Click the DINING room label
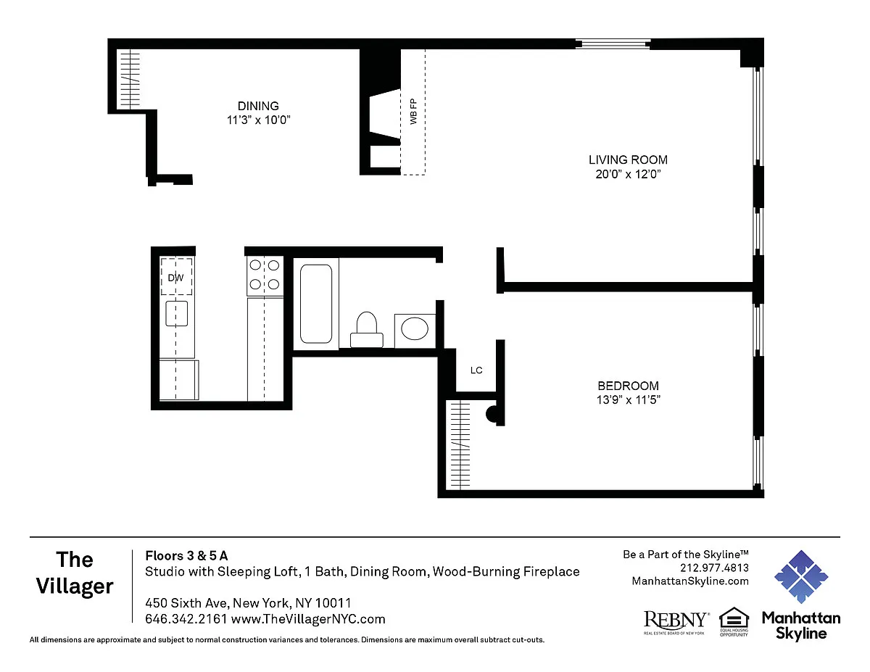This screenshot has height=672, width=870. click(x=258, y=106)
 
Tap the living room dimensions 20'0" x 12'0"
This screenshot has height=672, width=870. click(x=628, y=174)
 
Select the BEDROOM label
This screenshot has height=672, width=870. click(x=628, y=386)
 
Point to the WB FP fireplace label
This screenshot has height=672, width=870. click(x=413, y=111)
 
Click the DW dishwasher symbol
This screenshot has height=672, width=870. click(x=177, y=277)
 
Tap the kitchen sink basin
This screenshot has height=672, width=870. click(x=177, y=313)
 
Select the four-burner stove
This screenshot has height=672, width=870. click(x=265, y=275)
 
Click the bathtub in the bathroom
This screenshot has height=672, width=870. click(x=316, y=304)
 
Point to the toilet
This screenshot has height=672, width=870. click(x=366, y=329)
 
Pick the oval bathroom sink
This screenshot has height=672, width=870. click(x=415, y=328)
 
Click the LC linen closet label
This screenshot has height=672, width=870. click(x=476, y=370)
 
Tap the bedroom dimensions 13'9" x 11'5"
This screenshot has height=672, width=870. click(x=628, y=400)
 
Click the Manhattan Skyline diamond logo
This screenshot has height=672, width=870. click(x=801, y=577)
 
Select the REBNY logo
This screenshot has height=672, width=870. click(x=676, y=622)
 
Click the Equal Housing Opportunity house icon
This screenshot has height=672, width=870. click(x=734, y=621)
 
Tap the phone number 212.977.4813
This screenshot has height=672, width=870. click(x=714, y=568)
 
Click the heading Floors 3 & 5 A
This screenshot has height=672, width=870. click(x=186, y=556)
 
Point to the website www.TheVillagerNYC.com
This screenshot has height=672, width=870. click(x=308, y=619)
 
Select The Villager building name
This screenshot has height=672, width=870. click(x=75, y=573)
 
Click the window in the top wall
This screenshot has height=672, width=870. click(x=613, y=44)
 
